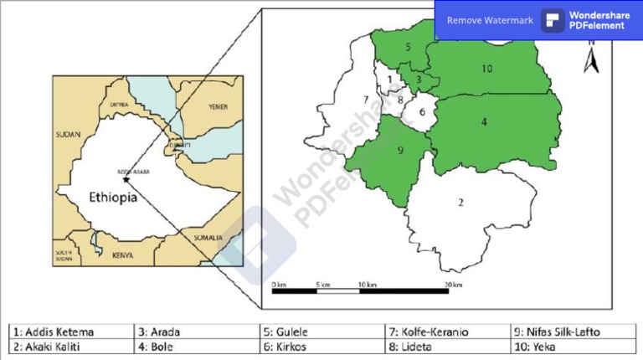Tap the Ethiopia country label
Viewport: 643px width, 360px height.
(x=113, y=198)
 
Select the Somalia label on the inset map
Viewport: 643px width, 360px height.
(x=209, y=238)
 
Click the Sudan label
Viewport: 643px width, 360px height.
(x=66, y=134)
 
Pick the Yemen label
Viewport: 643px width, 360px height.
(x=219, y=108)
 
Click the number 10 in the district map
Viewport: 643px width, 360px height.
(x=486, y=69)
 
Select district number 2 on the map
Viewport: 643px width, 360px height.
(x=460, y=202)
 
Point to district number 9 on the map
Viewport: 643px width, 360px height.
(x=401, y=151)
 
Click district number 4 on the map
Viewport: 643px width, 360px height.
(x=484, y=122)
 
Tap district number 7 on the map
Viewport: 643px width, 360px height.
(x=366, y=100)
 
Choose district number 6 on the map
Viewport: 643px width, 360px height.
(x=422, y=111)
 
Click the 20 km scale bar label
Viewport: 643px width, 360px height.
(x=452, y=285)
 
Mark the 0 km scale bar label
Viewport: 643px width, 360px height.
(x=280, y=285)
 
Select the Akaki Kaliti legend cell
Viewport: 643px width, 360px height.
(x=70, y=346)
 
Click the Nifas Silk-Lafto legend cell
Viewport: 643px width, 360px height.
(x=573, y=332)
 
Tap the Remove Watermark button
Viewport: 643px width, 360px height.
(x=490, y=20)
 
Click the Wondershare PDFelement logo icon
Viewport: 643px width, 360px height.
(x=553, y=20)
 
